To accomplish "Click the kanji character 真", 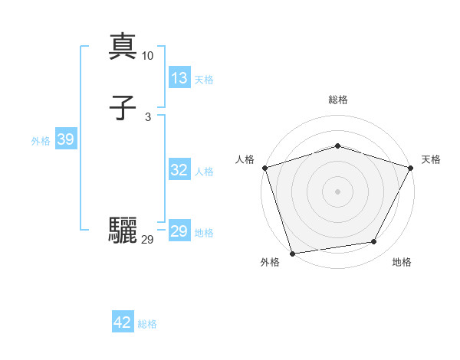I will point(123,47).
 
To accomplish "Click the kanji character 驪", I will point(123,231).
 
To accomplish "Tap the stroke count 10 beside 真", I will point(148,56).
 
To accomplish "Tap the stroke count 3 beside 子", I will point(148,116).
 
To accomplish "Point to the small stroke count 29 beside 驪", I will point(148,240).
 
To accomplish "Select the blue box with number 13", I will point(179,78).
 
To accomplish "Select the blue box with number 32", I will point(179,171).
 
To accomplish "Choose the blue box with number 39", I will point(65,139).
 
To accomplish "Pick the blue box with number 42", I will point(123,322).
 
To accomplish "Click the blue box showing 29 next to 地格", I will point(179,232).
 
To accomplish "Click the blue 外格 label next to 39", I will point(41,141).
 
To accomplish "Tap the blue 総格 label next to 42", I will point(147,324).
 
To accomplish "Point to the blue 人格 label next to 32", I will point(204,172).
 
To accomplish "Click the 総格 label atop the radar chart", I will point(337,100).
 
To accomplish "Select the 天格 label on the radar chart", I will point(431,159).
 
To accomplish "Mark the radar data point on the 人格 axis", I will point(264,168).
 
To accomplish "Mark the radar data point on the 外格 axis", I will point(293,252).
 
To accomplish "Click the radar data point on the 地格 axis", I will point(374,242).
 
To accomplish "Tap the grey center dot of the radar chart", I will point(337,191).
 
